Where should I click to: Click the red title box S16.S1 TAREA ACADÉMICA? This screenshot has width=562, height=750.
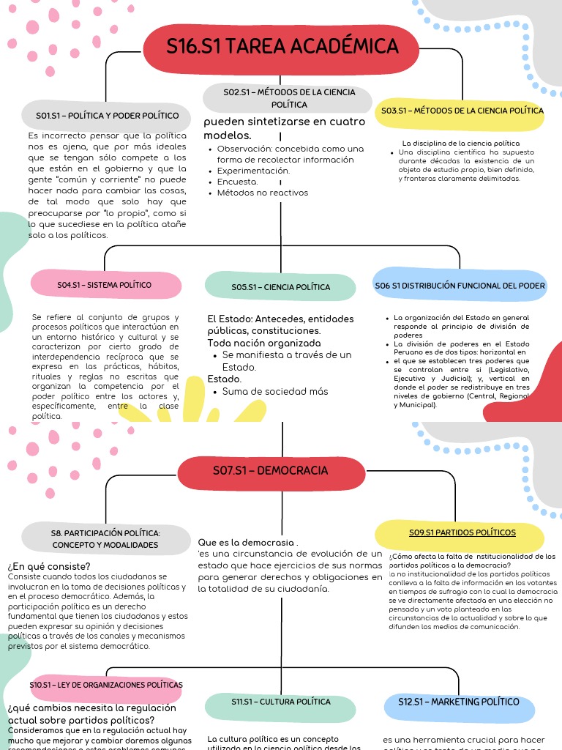tap(282, 47)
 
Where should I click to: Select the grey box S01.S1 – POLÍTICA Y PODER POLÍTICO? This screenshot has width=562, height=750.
tap(108, 116)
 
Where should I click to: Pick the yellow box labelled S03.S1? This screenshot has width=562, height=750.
tap(461, 111)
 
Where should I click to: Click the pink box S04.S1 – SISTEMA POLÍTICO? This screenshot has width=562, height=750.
tap(105, 284)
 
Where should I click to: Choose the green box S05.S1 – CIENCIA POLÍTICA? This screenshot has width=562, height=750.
tap(280, 287)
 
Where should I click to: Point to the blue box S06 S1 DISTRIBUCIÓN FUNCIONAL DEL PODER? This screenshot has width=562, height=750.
tap(460, 285)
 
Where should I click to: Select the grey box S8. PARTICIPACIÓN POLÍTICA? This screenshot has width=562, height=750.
tap(105, 538)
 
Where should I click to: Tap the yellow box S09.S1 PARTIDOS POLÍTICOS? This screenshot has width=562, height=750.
tap(461, 532)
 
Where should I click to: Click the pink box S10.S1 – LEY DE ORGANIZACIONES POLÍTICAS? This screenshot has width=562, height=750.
tap(106, 685)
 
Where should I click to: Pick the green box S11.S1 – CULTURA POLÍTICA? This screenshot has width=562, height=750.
tap(280, 702)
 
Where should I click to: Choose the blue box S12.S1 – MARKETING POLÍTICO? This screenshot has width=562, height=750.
tap(458, 702)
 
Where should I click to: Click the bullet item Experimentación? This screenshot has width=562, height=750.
tap(253, 171)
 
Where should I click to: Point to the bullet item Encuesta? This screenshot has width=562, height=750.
tap(237, 182)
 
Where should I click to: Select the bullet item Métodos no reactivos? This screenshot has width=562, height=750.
tap(262, 193)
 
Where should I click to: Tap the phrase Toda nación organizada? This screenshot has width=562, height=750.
tap(263, 343)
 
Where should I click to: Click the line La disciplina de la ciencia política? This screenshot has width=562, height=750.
tap(460, 143)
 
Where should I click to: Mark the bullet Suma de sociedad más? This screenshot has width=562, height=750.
tap(275, 391)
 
